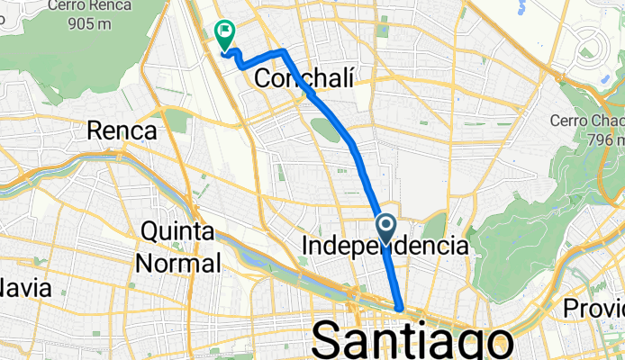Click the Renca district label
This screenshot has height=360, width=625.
[x=122, y=131]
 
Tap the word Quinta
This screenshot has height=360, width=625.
[x=177, y=231]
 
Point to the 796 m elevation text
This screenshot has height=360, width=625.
[x=603, y=140]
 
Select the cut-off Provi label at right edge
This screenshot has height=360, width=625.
[x=593, y=309]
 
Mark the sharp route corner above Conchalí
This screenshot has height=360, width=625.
[x=284, y=51]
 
